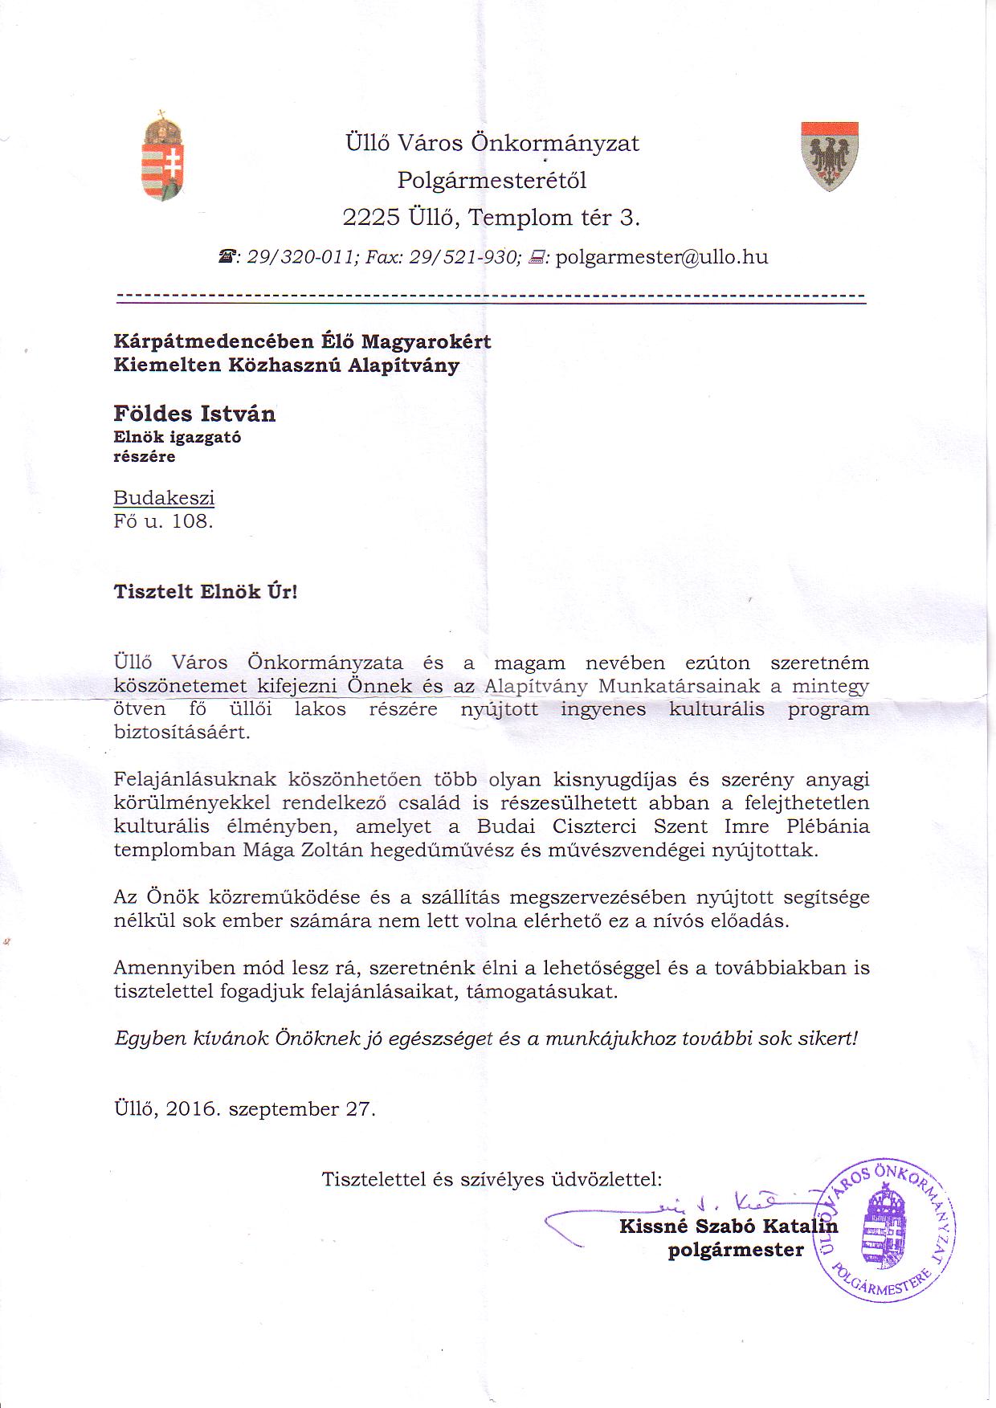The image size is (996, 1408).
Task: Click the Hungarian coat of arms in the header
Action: pyautogui.click(x=162, y=157)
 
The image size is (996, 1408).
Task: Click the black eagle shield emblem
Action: pyautogui.click(x=830, y=156)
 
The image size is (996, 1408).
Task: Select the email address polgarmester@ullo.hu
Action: pyautogui.click(x=662, y=257)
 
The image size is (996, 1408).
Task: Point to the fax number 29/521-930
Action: pyautogui.click(x=465, y=257)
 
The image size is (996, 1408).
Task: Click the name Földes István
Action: pyautogui.click(x=194, y=414)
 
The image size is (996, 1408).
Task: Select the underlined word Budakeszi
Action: pyautogui.click(x=164, y=497)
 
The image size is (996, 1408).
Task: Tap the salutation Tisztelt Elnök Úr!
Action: pyautogui.click(x=205, y=592)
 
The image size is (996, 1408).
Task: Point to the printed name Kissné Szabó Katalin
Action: pyautogui.click(x=728, y=1226)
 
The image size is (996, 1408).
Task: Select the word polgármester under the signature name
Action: pyautogui.click(x=735, y=1250)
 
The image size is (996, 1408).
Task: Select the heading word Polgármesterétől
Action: pyautogui.click(x=492, y=180)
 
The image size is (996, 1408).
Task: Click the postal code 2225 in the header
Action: pyautogui.click(x=371, y=218)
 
